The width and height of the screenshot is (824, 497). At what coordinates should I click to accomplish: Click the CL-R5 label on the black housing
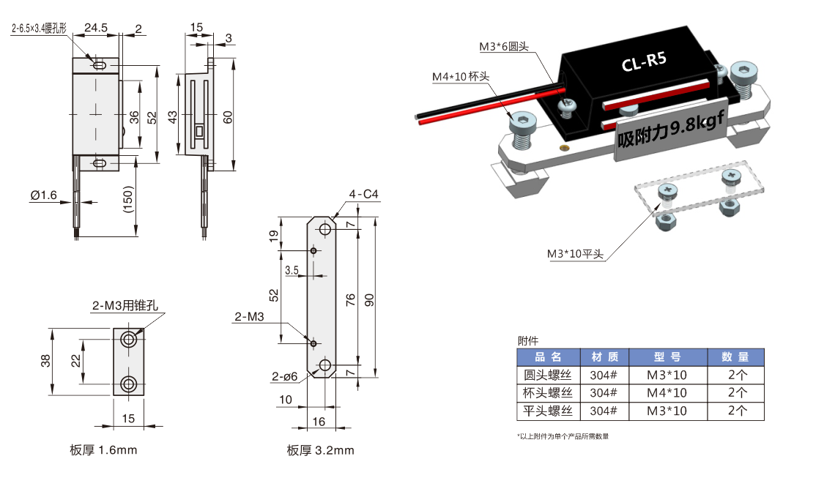644,63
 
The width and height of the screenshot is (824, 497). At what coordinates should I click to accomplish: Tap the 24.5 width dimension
96,28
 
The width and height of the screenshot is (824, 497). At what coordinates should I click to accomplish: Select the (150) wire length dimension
129,198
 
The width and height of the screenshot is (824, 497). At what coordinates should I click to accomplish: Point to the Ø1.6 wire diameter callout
43,195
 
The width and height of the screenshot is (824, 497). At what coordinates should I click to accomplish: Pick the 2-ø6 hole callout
284,376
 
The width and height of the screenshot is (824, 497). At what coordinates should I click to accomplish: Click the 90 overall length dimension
369,299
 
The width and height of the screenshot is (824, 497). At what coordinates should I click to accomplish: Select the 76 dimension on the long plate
351,299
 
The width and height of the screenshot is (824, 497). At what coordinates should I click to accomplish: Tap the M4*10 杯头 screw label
460,77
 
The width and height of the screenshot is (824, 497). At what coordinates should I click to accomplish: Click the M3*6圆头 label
503,47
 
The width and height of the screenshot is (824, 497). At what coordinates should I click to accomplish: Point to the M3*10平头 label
575,254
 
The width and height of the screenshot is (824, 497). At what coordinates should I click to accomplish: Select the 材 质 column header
604,357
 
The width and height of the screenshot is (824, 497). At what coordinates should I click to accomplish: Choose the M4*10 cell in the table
667,393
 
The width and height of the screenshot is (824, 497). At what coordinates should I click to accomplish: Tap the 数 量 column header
735,357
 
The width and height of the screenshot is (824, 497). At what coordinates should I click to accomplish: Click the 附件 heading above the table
527,340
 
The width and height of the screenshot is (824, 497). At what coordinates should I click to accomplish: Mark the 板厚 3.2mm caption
320,450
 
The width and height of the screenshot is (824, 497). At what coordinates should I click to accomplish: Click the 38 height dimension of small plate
45,361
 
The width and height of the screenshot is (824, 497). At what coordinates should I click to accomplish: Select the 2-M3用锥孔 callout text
125,305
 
